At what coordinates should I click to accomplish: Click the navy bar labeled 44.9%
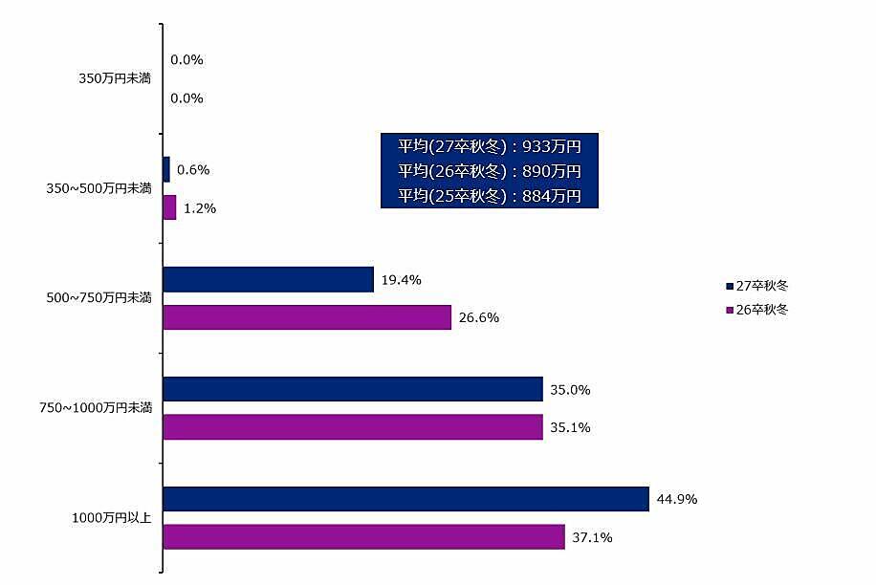pos(405,499)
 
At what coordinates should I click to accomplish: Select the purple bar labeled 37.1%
pos(363,537)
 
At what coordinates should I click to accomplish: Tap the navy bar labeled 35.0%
pos(353,389)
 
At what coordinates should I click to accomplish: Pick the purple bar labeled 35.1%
pos(353,427)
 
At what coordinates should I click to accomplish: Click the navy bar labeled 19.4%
pos(268,279)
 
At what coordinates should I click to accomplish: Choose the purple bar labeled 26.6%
pos(307,317)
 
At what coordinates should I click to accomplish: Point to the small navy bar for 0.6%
pos(166,169)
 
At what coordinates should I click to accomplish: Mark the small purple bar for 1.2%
pos(169,207)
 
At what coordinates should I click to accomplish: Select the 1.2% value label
pos(200,208)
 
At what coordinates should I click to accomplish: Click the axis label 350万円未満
pos(115,78)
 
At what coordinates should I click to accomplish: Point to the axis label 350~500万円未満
pos(99,188)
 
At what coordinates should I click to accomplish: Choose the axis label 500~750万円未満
pos(99,298)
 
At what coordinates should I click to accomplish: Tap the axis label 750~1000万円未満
pos(97,408)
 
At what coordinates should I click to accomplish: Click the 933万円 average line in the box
pos(489,146)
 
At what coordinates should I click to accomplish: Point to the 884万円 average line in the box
pos(489,196)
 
